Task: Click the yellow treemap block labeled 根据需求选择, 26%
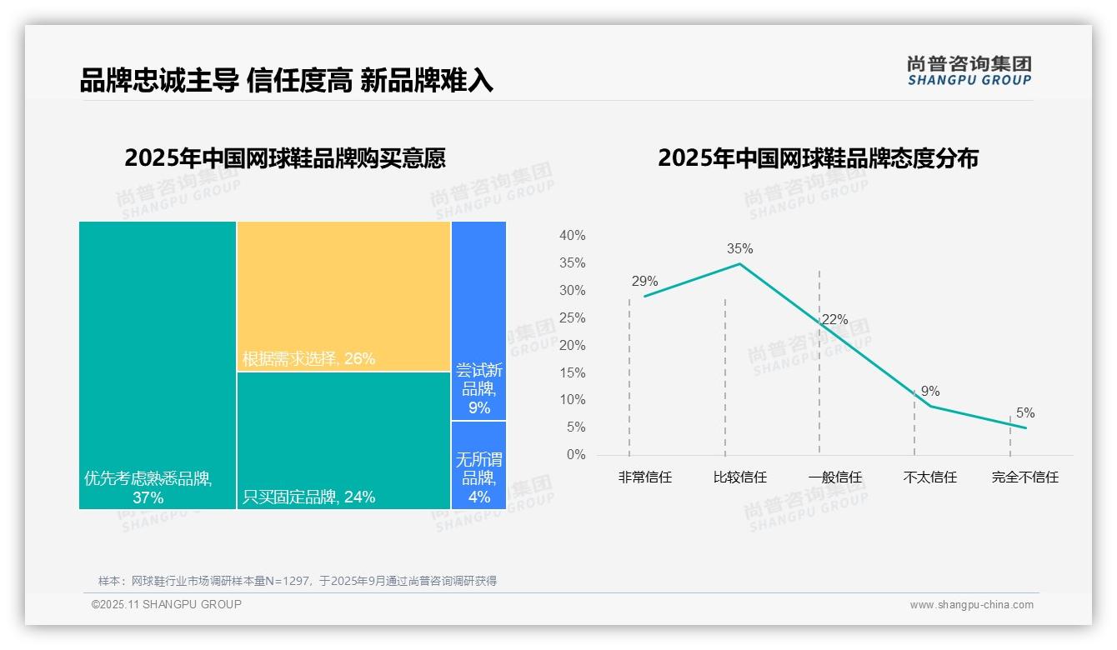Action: [x=343, y=296]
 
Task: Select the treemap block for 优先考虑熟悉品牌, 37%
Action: [x=158, y=365]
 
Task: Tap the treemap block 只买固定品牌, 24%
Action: [x=343, y=440]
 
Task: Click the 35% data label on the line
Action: [x=739, y=248]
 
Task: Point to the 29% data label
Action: [x=644, y=281]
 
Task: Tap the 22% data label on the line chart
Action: [x=834, y=319]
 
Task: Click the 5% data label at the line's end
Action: [x=1025, y=412]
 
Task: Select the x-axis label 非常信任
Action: [x=644, y=477]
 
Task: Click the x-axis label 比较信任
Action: [x=739, y=477]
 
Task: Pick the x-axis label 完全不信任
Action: [x=1024, y=477]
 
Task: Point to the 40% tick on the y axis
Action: [x=572, y=236]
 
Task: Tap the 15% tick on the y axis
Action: [x=572, y=372]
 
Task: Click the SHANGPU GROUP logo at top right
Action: [x=969, y=71]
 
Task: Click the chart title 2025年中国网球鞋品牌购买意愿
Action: [x=285, y=158]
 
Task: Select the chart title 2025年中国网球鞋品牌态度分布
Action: [x=818, y=158]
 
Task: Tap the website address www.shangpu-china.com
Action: [x=971, y=605]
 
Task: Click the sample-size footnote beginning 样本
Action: [x=298, y=581]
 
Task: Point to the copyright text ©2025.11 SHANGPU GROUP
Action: [x=167, y=604]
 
